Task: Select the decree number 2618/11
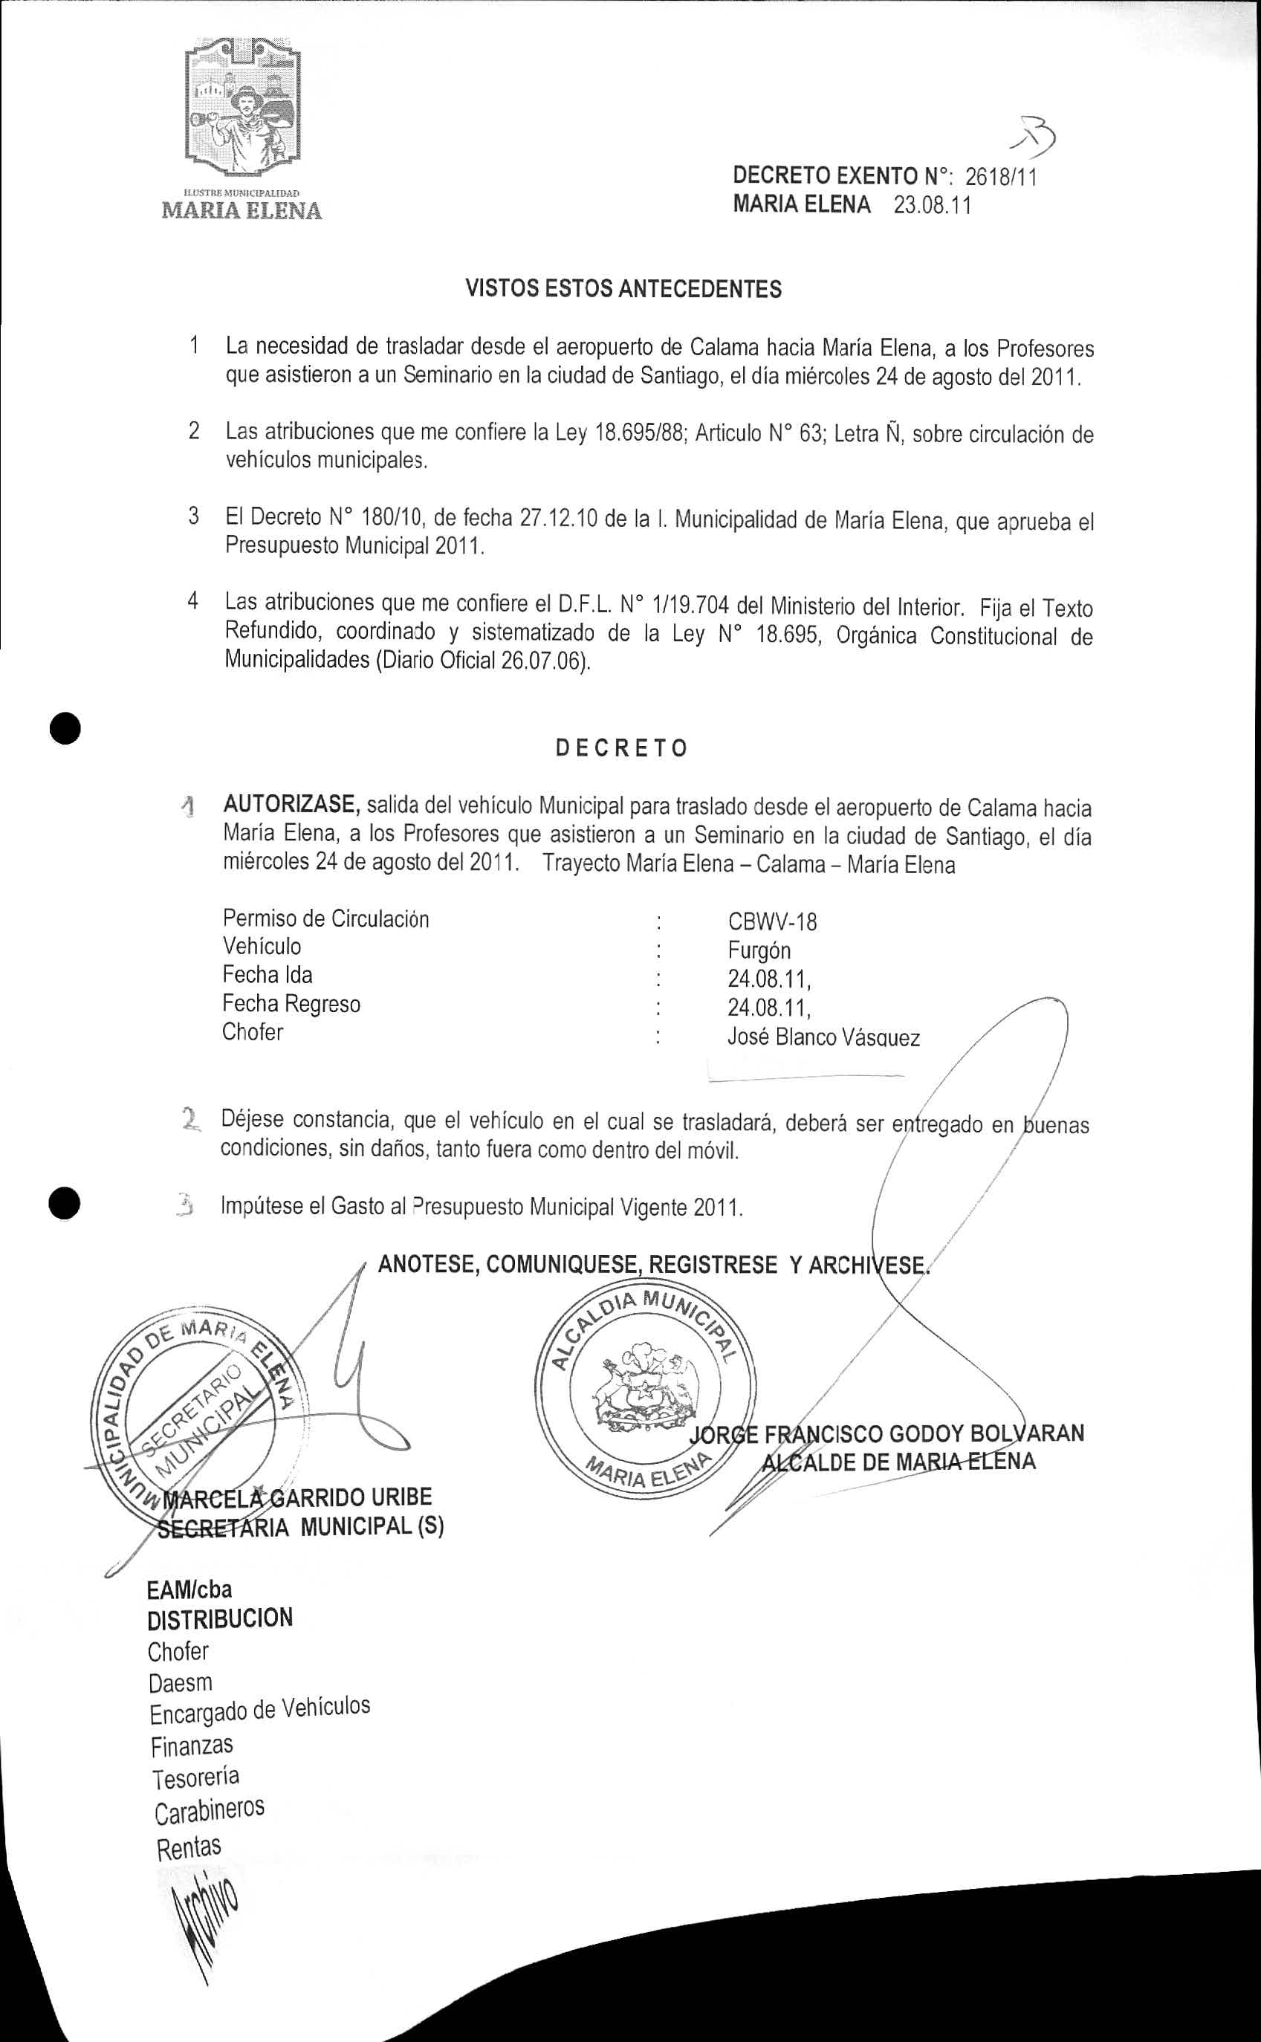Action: point(1001,177)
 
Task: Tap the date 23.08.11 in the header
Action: point(933,205)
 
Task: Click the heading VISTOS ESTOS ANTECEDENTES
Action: point(623,289)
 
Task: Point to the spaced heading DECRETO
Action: point(622,748)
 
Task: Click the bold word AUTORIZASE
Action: point(291,805)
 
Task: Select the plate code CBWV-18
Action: point(772,921)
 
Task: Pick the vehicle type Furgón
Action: point(759,950)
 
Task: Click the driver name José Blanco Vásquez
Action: point(823,1038)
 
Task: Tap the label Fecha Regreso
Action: point(291,1003)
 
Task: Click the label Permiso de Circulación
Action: point(325,919)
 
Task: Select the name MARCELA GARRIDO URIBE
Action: point(299,1497)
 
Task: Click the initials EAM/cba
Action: point(189,1589)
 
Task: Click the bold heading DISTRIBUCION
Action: point(220,1618)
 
